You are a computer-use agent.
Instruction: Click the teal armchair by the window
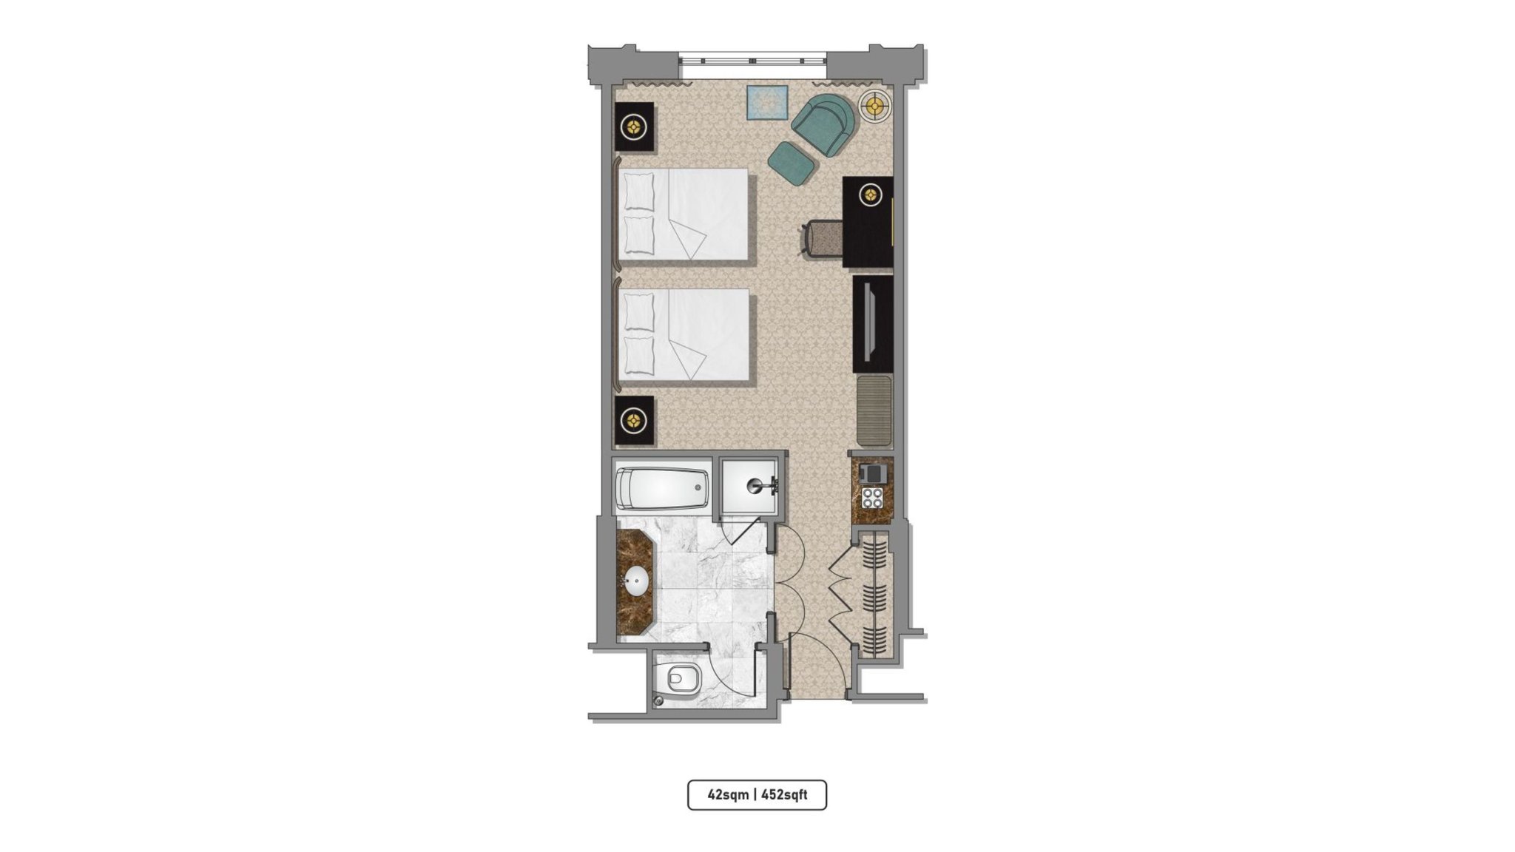click(x=823, y=124)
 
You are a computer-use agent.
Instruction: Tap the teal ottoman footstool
click(x=792, y=163)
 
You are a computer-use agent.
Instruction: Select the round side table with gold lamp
click(x=876, y=106)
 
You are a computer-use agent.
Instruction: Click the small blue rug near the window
click(x=767, y=102)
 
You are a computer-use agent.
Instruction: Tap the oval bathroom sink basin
click(x=118, y=581)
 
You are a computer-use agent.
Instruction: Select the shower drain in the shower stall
click(x=755, y=486)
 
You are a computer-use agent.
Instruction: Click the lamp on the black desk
click(x=871, y=195)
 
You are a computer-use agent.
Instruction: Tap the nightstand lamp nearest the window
click(x=634, y=127)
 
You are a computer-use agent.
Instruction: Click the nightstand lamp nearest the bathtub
click(x=634, y=421)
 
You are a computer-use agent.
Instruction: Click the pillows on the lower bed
click(x=639, y=334)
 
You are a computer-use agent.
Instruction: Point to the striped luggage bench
click(x=874, y=410)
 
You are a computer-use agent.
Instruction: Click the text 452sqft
click(x=784, y=795)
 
